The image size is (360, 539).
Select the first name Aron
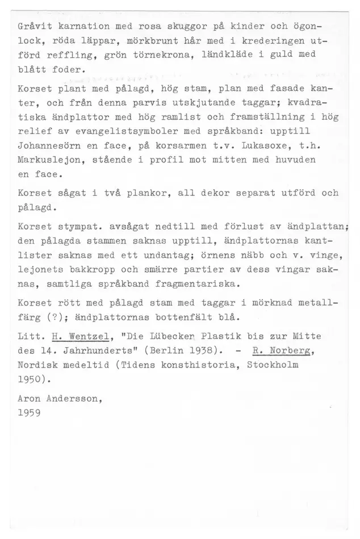(x=29, y=400)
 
